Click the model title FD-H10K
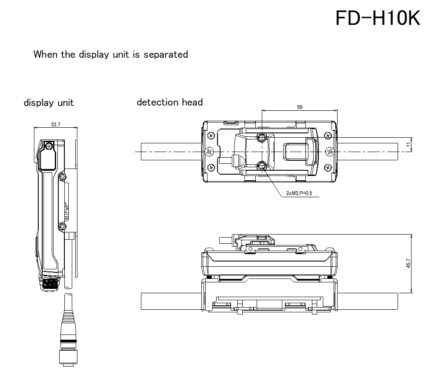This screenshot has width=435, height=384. click(378, 18)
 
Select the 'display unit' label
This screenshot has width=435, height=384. click(49, 103)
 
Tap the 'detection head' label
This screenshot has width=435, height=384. click(170, 102)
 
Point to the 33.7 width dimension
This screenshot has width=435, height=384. click(55, 124)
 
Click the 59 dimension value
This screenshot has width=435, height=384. click(299, 107)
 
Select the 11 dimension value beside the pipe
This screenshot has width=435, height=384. click(408, 145)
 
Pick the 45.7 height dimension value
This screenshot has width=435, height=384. click(408, 264)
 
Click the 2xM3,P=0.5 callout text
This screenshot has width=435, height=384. click(299, 193)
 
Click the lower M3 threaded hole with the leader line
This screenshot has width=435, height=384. click(262, 166)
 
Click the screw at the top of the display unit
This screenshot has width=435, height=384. click(48, 146)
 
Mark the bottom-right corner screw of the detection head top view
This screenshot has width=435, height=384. click(328, 167)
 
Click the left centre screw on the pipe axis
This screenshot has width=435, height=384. click(209, 152)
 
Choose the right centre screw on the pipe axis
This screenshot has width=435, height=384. click(329, 152)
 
